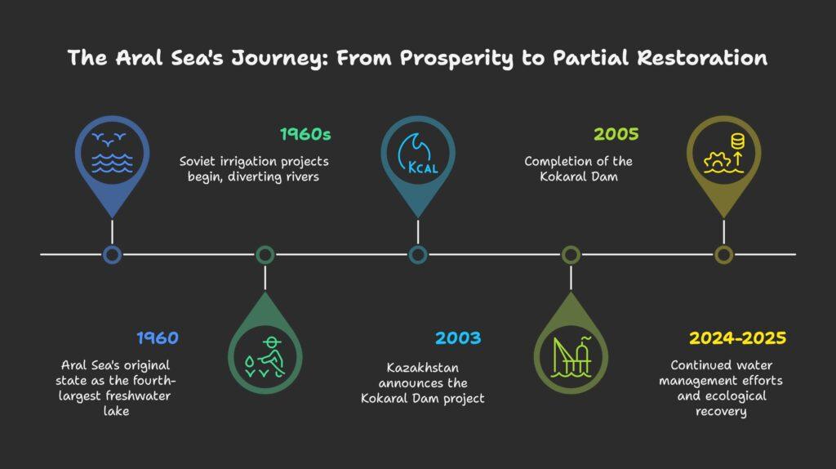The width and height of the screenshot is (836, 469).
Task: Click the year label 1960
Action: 158,337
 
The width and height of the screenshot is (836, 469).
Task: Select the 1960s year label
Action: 305,134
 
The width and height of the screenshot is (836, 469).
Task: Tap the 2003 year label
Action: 458,337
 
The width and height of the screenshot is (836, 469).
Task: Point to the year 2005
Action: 616,134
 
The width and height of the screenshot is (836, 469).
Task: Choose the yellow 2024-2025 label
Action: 737,337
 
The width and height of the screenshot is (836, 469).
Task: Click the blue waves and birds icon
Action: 112,153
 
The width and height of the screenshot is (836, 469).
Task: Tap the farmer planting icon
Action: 265,357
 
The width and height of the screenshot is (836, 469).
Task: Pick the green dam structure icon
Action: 571,357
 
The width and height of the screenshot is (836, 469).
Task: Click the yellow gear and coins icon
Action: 724,154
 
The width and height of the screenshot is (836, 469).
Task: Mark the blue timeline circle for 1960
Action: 112,255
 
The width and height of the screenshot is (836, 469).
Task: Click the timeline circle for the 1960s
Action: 265,255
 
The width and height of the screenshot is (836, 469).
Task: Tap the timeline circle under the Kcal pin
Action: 418,255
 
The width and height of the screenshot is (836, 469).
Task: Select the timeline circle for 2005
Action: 571,255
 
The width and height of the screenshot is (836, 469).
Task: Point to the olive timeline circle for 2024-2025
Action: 724,255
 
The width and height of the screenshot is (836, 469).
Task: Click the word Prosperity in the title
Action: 456,58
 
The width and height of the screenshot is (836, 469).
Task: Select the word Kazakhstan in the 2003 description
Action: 423,368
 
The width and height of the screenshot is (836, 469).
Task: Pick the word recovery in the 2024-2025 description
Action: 721,411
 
